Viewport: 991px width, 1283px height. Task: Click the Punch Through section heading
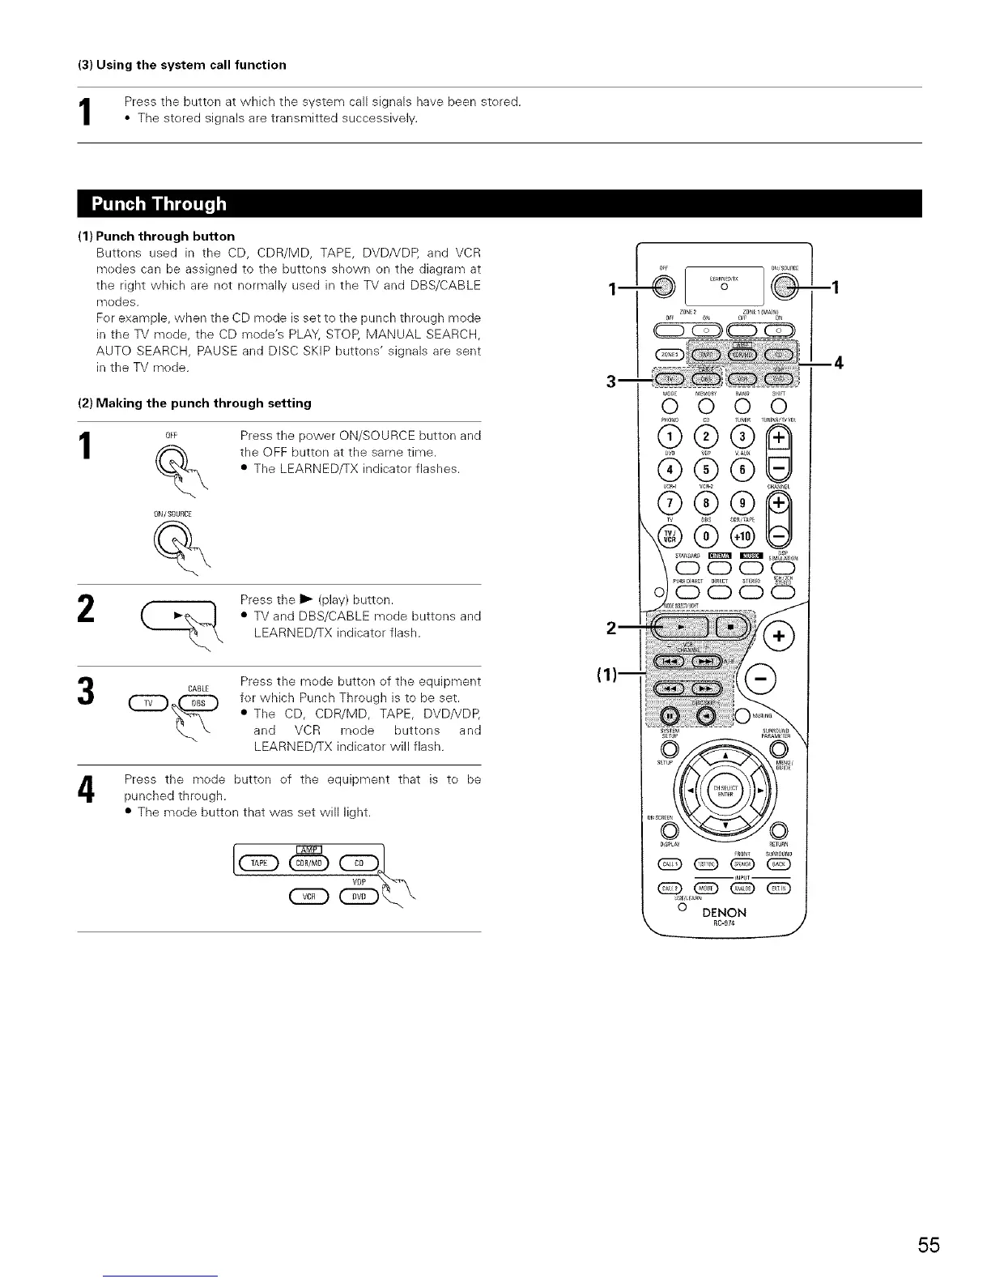coord(159,203)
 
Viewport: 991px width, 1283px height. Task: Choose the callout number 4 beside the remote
coord(840,363)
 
